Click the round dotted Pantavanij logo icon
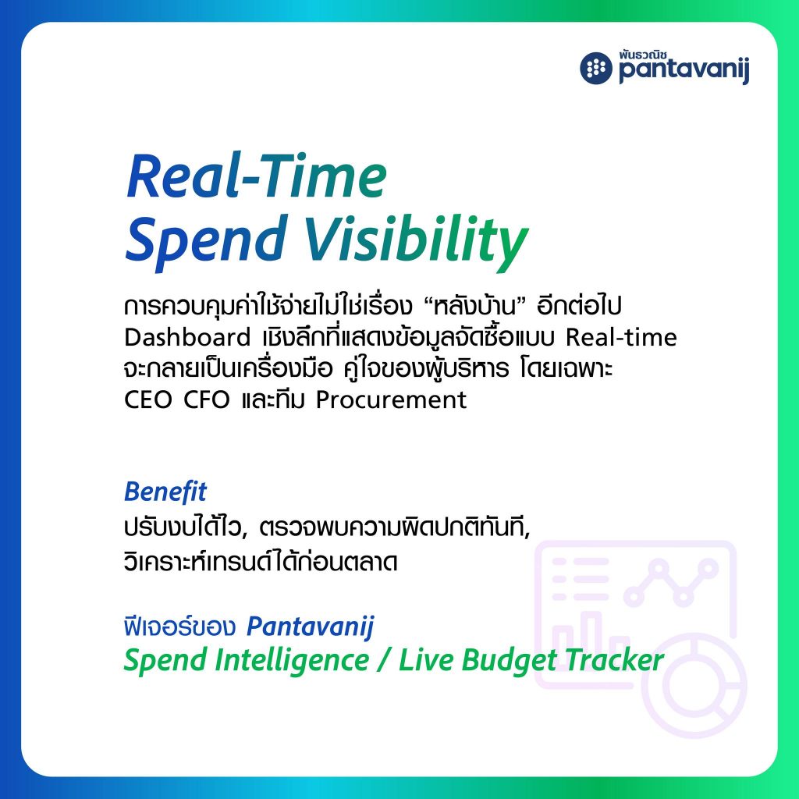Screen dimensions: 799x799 point(595,69)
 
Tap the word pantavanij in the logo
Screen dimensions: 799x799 point(684,71)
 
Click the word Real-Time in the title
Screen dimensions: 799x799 point(256,176)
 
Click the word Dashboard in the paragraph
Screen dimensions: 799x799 point(187,337)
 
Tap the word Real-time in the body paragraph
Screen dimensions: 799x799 point(621,337)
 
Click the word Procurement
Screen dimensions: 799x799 point(391,400)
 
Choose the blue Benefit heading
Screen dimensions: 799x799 point(165,492)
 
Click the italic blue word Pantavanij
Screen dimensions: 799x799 point(311,627)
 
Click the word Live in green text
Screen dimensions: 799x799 point(426,660)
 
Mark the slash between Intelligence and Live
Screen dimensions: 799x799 point(383,661)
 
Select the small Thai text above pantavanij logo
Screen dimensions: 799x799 point(644,55)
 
